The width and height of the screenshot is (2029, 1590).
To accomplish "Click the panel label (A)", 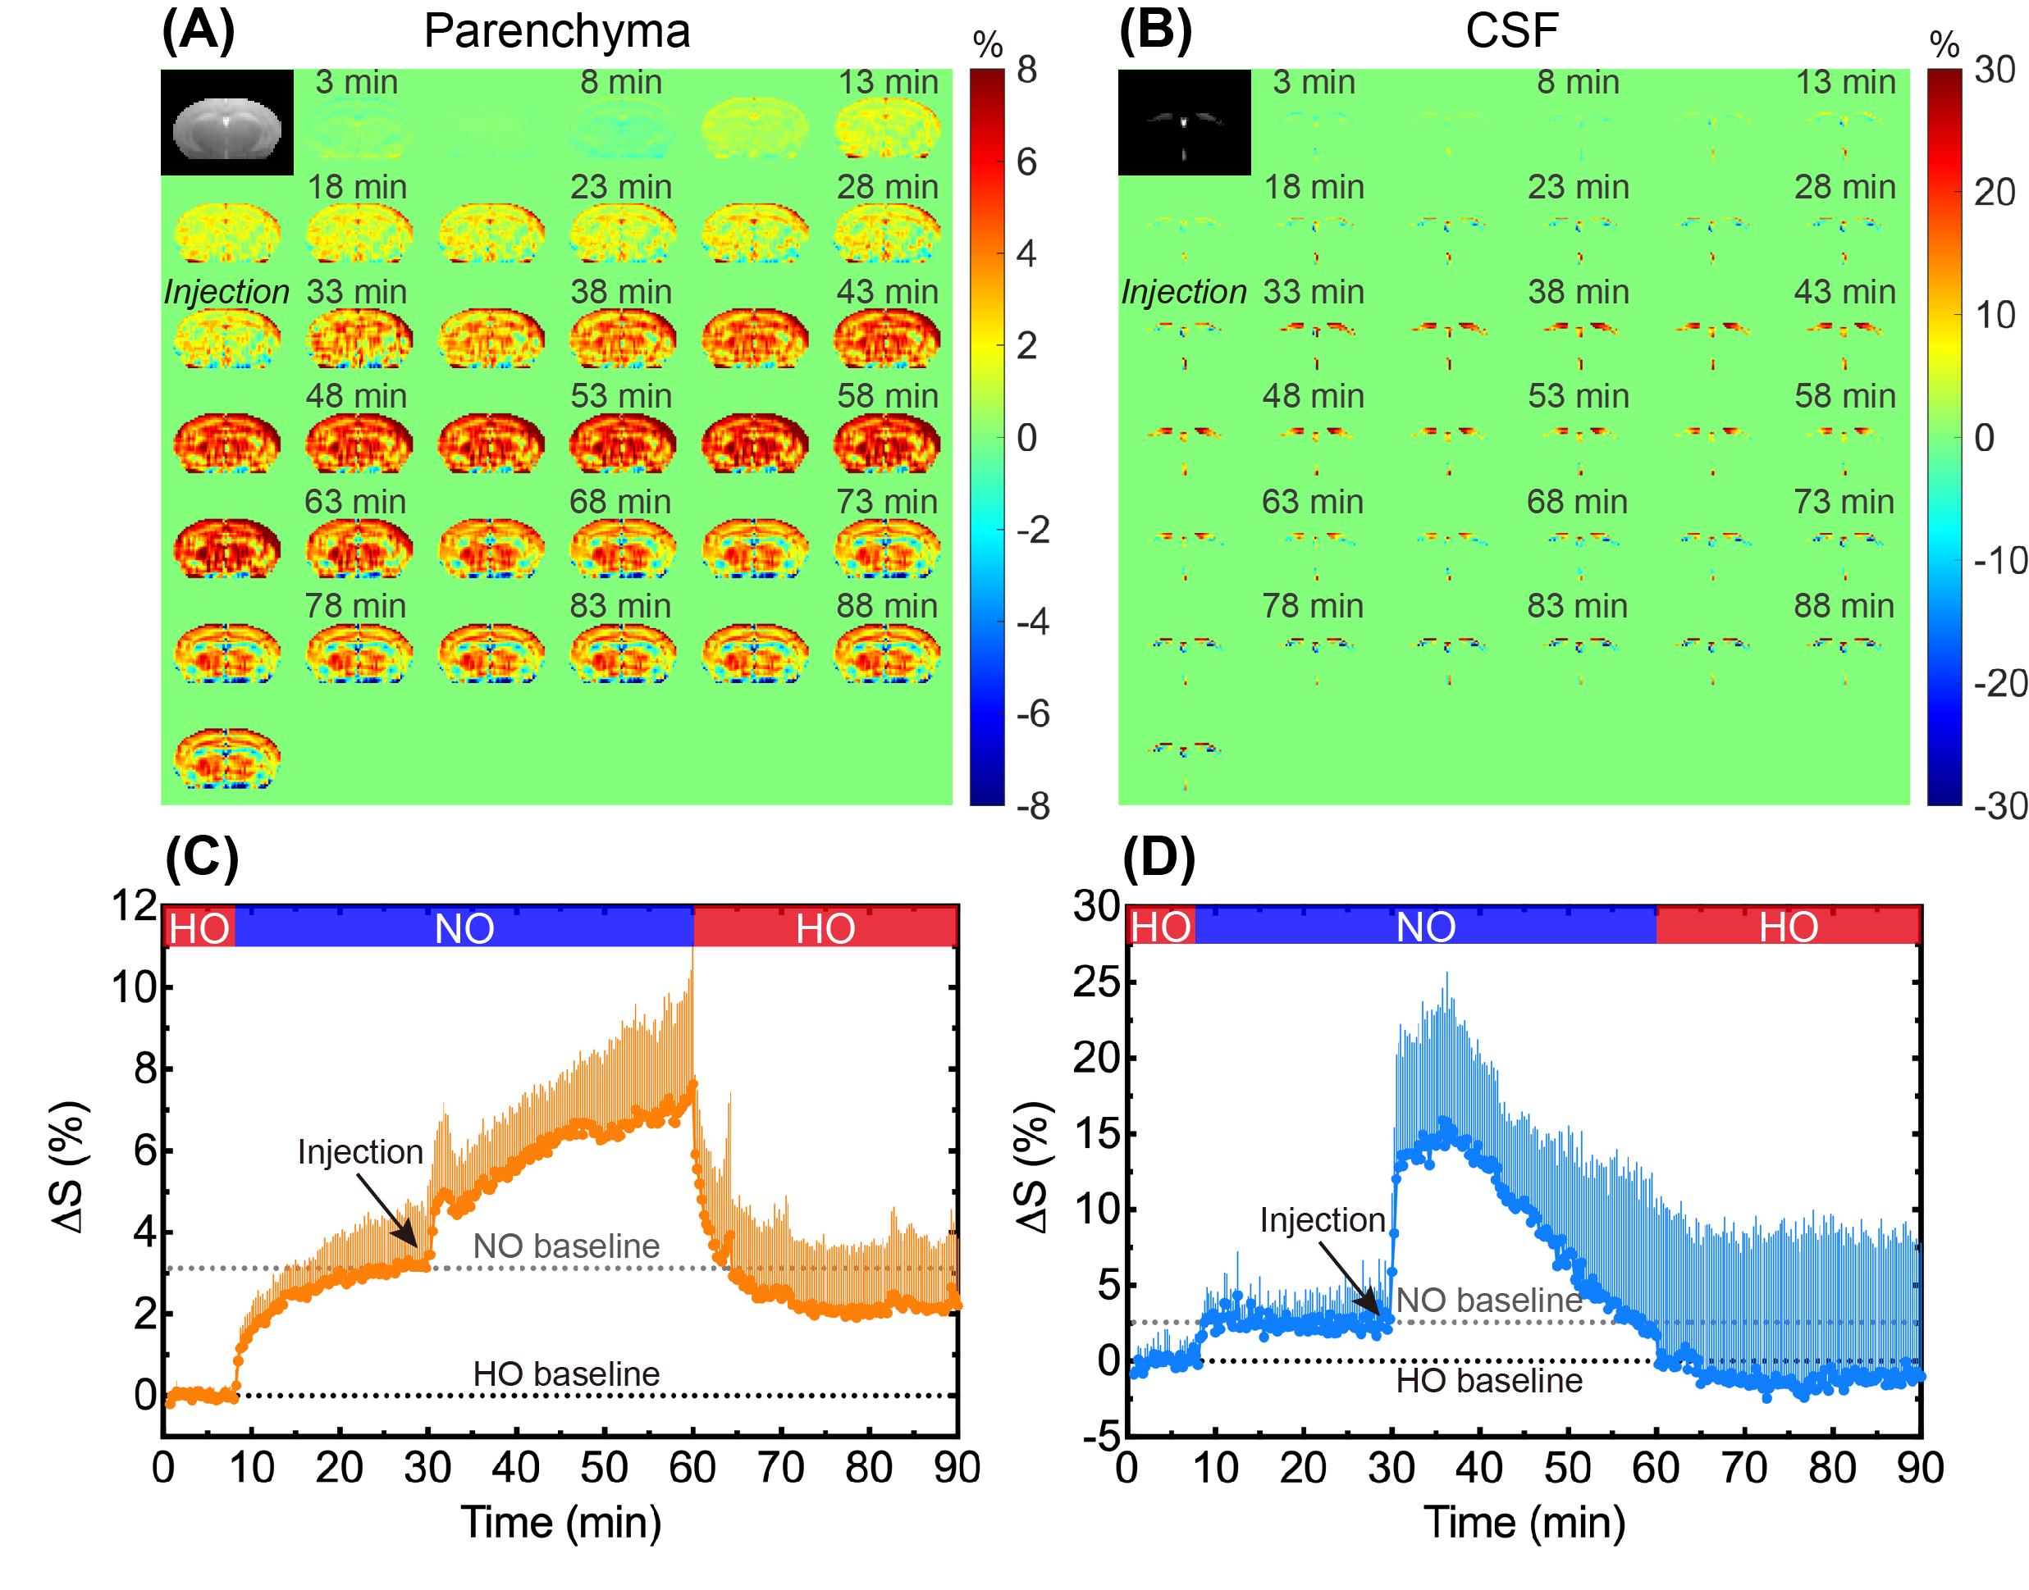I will (198, 30).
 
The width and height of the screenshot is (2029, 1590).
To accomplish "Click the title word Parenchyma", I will (557, 30).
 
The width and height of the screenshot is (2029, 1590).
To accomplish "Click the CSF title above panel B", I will (1510, 30).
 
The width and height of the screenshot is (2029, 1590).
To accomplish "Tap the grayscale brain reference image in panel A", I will (226, 122).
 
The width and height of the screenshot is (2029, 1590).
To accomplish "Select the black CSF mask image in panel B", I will (1183, 122).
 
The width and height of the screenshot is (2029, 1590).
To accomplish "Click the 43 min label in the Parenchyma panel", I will (886, 291).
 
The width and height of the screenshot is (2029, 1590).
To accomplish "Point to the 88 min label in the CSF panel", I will (1843, 606).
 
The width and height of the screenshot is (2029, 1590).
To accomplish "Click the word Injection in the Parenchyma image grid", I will (226, 292).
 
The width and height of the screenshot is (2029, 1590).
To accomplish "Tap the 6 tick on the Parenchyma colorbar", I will (1026, 163).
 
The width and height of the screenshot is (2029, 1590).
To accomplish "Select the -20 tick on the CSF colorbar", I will (1999, 683).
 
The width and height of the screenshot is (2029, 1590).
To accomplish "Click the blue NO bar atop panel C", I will (464, 928).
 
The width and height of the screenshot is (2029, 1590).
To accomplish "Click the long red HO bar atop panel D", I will (1787, 927).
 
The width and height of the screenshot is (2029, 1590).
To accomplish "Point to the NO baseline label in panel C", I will (565, 1246).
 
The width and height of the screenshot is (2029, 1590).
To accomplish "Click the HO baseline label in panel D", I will (1488, 1381).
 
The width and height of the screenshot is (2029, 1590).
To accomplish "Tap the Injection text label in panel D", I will (1321, 1219).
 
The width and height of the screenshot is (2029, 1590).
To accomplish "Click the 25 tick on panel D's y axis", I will (1096, 982).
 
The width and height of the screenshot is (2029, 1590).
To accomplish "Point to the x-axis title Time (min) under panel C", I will (560, 1524).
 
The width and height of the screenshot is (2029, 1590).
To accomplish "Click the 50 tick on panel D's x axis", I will (1567, 1468).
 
